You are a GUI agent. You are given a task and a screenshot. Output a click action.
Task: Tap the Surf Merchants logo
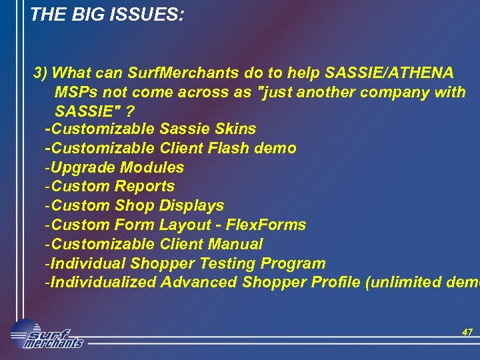47,334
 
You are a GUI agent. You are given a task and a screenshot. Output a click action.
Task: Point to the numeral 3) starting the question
41,72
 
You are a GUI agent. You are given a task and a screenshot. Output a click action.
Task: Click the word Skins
236,129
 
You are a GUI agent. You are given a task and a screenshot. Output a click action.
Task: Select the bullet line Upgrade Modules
114,167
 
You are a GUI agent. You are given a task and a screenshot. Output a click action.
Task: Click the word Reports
145,187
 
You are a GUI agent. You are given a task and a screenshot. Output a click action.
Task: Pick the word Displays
191,206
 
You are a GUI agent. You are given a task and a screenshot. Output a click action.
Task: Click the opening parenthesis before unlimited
369,283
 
